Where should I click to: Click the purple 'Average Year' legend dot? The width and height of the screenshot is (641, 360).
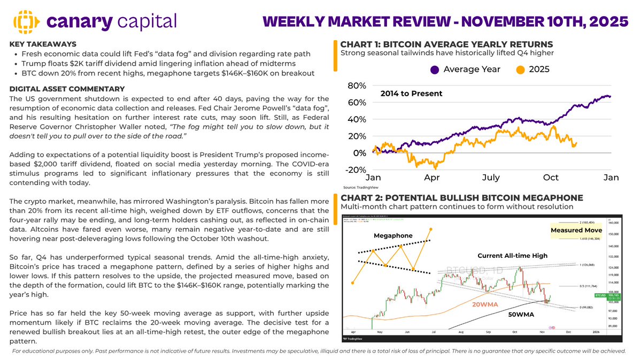(434, 69)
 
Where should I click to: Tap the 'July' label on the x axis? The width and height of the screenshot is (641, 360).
(491, 178)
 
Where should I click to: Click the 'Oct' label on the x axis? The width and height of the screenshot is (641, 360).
(551, 178)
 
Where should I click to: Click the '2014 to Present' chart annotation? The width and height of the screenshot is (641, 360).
(411, 94)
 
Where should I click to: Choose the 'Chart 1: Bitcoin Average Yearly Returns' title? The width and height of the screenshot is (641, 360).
(446, 44)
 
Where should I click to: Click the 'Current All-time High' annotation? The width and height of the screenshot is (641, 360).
(512, 256)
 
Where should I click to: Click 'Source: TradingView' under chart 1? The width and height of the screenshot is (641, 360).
(358, 188)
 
